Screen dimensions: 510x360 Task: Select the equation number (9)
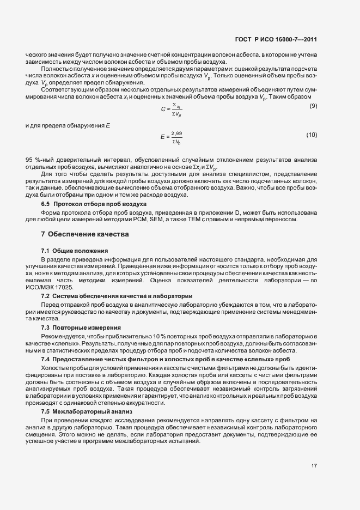pyautogui.click(x=313, y=105)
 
